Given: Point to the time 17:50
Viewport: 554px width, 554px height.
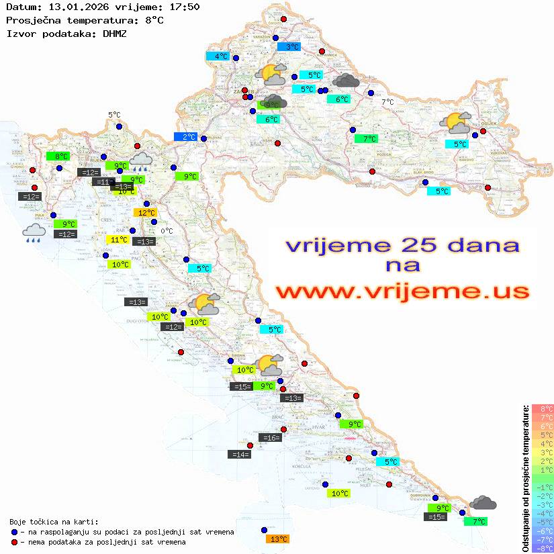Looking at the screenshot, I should (x=184, y=7).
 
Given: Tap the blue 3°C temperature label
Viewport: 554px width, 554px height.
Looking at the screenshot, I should (x=289, y=47).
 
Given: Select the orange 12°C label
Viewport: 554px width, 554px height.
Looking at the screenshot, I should (x=146, y=213).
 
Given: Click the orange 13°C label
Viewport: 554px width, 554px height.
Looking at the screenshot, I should (x=278, y=539).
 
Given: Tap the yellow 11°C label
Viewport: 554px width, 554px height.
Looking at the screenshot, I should (x=118, y=240).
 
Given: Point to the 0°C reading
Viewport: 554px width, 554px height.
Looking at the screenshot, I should (x=167, y=232).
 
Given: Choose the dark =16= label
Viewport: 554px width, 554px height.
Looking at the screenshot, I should (x=270, y=438).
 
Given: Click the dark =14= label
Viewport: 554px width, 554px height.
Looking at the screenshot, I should (x=240, y=455).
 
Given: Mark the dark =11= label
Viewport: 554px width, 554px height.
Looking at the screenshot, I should (x=103, y=182).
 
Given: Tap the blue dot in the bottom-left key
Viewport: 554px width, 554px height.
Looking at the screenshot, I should (x=14, y=532).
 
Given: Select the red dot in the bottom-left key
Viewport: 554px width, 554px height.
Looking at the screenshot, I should (x=14, y=542).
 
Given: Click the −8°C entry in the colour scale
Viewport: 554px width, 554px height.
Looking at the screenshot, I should (x=542, y=548).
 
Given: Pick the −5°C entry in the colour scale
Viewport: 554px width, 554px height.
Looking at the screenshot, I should (x=542, y=522).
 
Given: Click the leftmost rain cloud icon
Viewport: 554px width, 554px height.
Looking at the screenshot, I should (x=34, y=233).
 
